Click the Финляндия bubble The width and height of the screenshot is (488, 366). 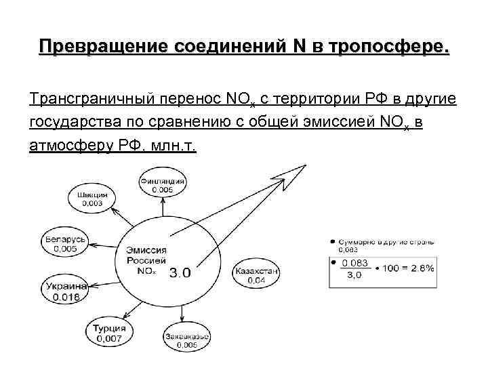163,185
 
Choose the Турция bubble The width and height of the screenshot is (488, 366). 109,333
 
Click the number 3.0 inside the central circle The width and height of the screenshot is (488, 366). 180,273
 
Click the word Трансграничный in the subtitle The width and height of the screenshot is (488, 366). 91,100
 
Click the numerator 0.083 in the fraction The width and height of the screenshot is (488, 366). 355,263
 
